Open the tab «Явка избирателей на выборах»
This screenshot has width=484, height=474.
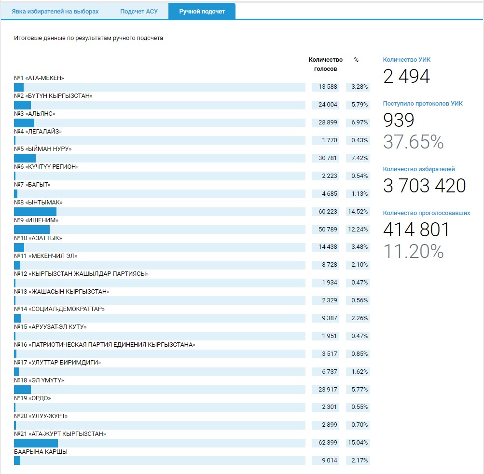click(x=55, y=12)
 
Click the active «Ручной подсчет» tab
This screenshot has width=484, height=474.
click(x=202, y=12)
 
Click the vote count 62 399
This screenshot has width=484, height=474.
click(x=327, y=443)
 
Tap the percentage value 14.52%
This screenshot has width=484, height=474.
click(x=358, y=212)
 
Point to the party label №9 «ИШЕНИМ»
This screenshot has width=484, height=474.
click(x=36, y=220)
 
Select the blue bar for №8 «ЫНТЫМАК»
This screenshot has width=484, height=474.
click(x=35, y=212)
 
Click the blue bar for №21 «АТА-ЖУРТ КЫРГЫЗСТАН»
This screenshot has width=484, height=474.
click(x=36, y=443)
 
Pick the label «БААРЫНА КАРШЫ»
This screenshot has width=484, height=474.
click(x=41, y=452)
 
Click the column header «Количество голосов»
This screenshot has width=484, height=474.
click(x=326, y=64)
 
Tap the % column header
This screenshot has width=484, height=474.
click(x=356, y=60)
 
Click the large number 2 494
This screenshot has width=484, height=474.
click(x=406, y=77)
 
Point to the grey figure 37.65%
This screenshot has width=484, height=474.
click(x=413, y=142)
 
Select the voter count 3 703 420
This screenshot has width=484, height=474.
click(x=425, y=186)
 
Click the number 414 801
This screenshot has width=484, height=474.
click(x=416, y=230)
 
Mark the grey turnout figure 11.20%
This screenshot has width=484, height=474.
click(x=413, y=251)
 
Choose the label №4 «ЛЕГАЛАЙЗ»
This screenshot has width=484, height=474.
click(x=38, y=131)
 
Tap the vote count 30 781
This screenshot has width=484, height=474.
click(x=327, y=158)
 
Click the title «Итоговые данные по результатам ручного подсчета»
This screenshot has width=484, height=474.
click(x=88, y=39)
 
